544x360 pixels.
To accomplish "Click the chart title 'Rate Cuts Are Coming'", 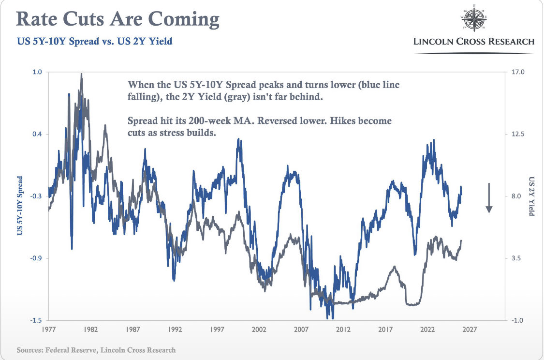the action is pos(118,19).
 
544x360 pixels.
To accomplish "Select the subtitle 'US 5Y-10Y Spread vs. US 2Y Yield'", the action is pos(95,41).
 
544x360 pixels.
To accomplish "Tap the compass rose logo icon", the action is pos(474,18).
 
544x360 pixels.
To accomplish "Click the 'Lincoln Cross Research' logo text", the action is pos(474,42).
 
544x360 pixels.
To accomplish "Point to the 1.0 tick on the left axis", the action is pos(37,72).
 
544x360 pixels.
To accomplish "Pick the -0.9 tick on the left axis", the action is pos(36,258).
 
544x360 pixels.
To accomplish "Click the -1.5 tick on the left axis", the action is pos(36,320).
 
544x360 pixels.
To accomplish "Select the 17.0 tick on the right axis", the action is pos(518,72).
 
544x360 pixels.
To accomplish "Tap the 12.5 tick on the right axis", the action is pos(518,134).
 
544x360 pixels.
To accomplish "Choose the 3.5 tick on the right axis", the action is pos(516,258).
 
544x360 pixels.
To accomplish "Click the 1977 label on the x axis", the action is pos(48,330).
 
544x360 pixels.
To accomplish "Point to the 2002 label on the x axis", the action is pos(259,330).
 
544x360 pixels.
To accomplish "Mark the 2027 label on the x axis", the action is pos(470,330).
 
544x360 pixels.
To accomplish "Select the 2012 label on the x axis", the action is pos(343,330).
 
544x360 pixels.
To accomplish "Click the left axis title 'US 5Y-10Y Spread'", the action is pos(20,206).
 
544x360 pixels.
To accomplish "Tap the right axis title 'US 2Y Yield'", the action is pos(531,196).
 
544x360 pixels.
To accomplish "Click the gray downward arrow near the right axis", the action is pos(489,197).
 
